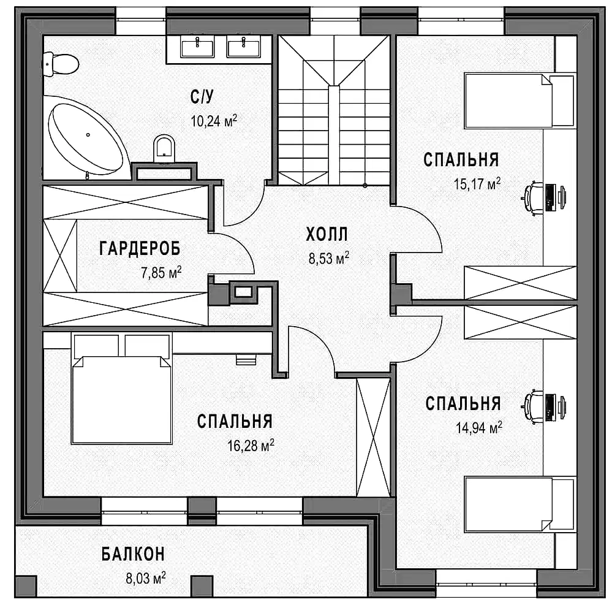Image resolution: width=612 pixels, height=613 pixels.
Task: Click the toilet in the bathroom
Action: point(60,64)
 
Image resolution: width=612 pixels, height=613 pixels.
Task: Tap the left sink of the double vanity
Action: point(197,47)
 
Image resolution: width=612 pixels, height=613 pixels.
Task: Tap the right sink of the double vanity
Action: point(244,47)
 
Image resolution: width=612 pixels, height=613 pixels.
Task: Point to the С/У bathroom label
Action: point(202,96)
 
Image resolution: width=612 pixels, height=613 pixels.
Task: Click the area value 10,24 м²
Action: point(214,121)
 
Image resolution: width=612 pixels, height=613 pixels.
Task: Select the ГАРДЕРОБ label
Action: point(140,248)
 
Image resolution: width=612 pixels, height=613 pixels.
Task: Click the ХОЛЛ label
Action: point(327,234)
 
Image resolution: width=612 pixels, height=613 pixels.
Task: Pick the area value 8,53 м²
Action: point(328,259)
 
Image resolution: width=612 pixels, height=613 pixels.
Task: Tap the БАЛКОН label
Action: point(134,554)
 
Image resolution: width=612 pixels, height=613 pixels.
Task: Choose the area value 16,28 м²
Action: point(251,445)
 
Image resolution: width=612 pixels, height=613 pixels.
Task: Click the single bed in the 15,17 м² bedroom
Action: point(520,101)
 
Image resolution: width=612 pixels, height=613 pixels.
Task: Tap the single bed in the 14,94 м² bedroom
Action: point(520,504)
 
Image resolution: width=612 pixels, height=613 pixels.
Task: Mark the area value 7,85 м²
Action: point(161,273)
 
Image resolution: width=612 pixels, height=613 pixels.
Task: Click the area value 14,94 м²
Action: point(478,428)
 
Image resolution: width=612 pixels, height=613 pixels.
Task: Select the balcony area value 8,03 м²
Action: point(145,578)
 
